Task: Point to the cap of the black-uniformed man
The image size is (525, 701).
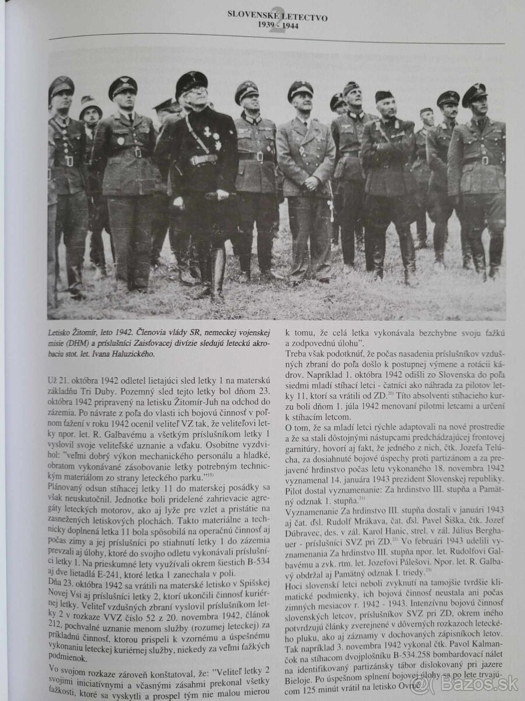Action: [191, 82]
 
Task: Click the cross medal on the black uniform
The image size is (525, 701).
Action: [206, 133]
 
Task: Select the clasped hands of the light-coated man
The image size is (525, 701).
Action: [311, 183]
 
